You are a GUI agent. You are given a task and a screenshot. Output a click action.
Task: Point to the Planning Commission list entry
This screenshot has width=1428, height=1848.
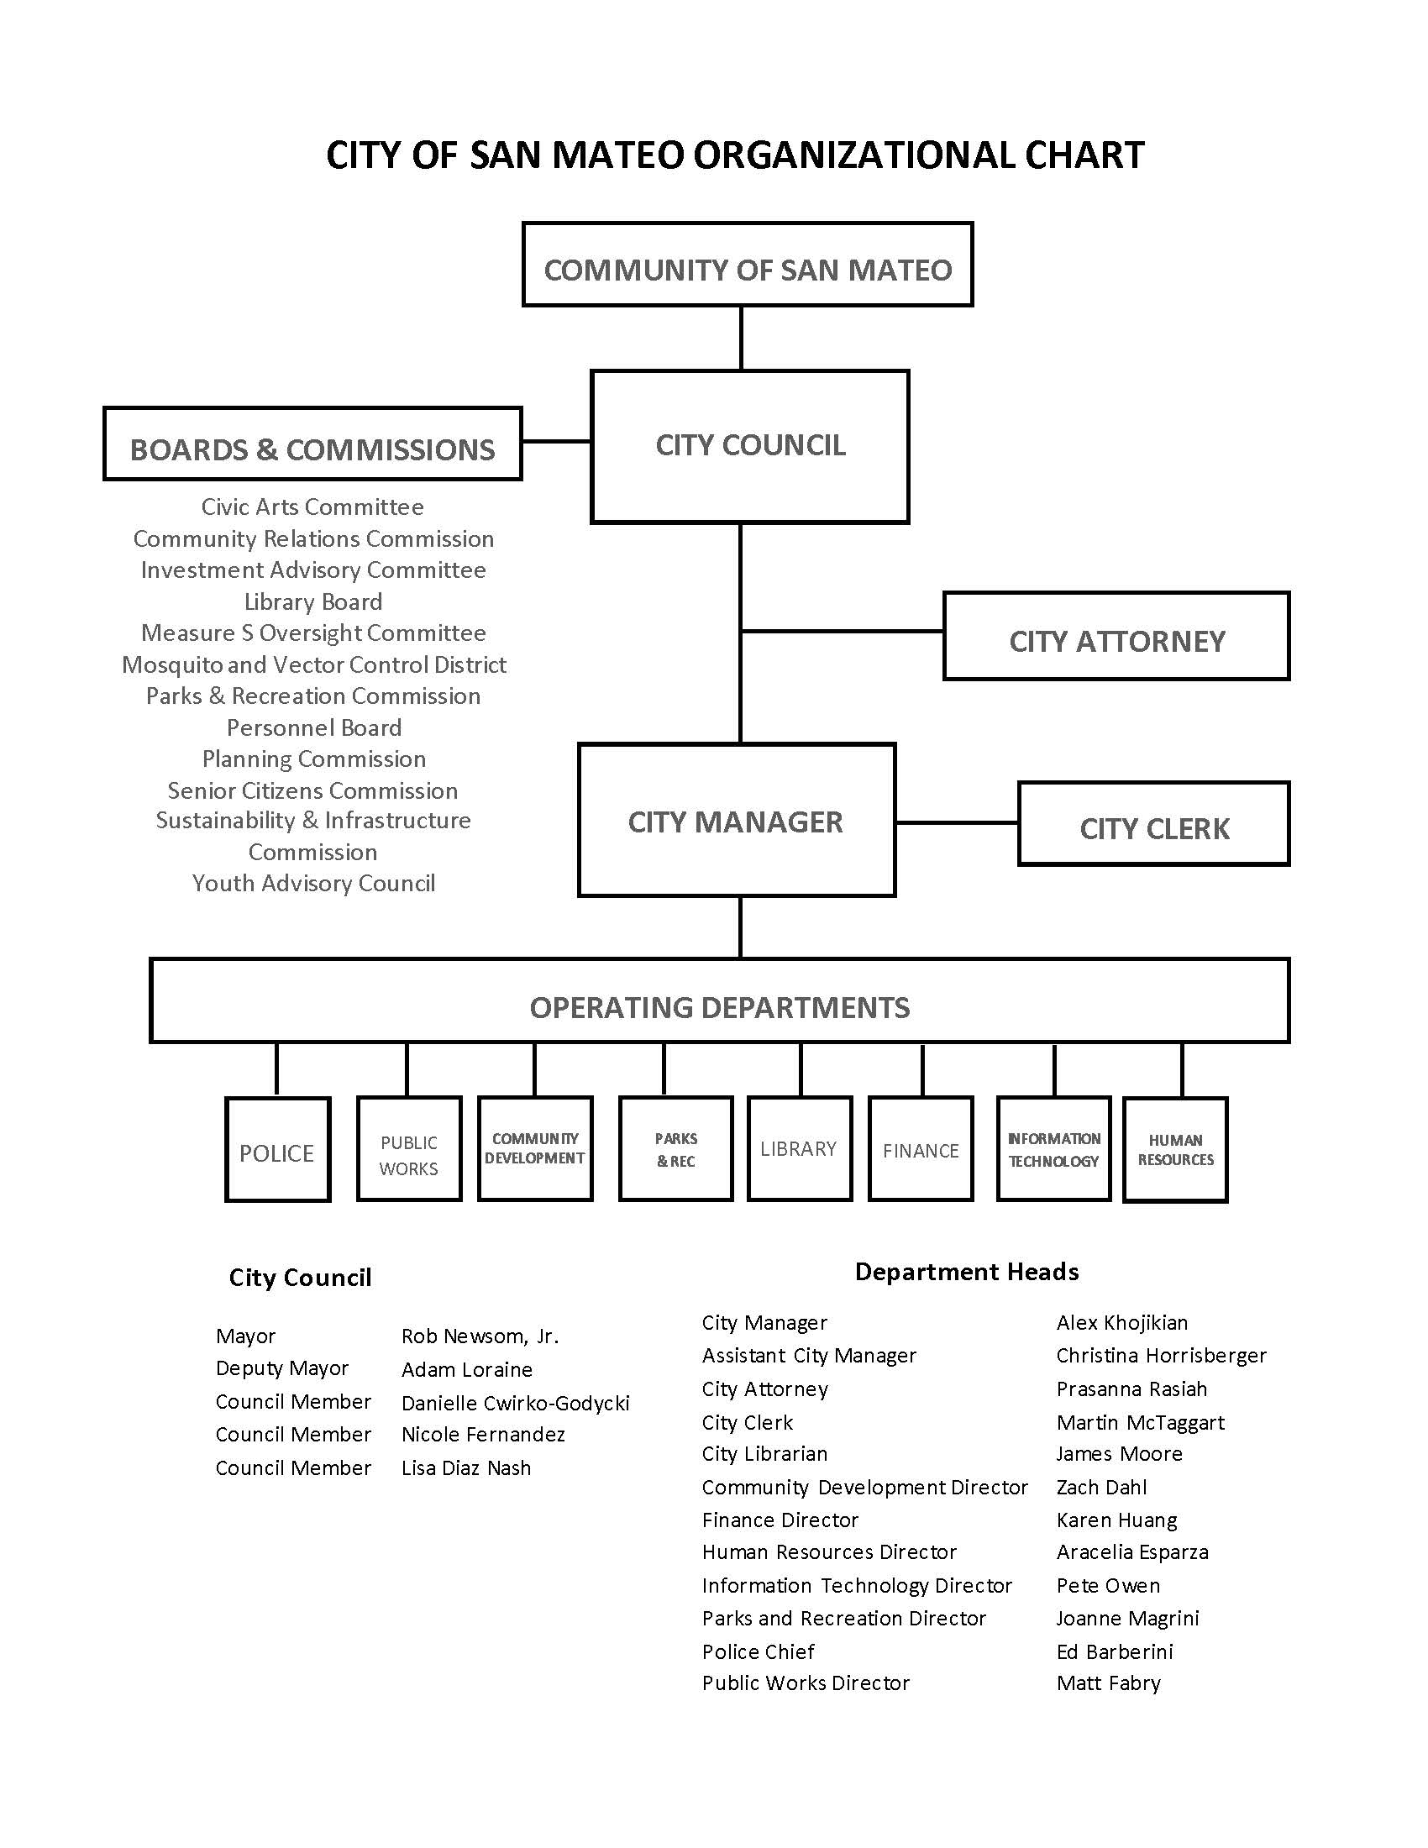[314, 759]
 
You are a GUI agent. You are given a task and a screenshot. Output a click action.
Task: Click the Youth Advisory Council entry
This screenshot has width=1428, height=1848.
[314, 884]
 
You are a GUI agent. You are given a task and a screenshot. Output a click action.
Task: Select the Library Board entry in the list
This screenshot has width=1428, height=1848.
[314, 601]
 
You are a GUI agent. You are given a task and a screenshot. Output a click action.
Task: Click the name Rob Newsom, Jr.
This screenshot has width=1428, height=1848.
[480, 1336]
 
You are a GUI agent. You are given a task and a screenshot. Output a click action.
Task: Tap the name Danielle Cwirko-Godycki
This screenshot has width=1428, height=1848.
[515, 1403]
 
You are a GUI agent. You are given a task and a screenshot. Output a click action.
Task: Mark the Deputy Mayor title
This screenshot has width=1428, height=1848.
[281, 1369]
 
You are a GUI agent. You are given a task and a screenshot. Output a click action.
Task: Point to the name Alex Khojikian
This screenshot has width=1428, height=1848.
[1121, 1322]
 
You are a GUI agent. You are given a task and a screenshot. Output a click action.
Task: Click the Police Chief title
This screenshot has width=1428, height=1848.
[758, 1651]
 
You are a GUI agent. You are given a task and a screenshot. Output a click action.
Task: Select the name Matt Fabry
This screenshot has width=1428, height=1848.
[1108, 1683]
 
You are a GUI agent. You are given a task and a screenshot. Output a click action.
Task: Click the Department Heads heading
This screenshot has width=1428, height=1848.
[967, 1272]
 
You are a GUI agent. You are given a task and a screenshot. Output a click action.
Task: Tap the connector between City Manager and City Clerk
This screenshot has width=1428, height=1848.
[957, 822]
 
